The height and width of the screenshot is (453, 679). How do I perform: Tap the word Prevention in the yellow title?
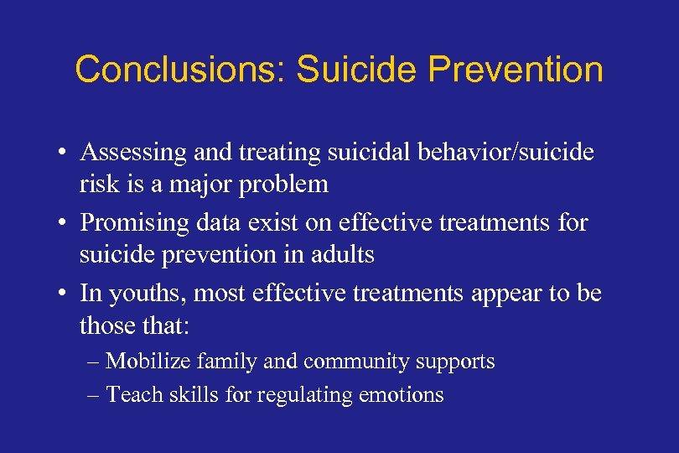pos(515,70)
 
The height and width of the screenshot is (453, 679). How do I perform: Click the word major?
pos(195,184)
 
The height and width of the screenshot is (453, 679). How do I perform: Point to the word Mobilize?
pos(148,362)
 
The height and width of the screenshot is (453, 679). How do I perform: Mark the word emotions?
pos(406,393)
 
